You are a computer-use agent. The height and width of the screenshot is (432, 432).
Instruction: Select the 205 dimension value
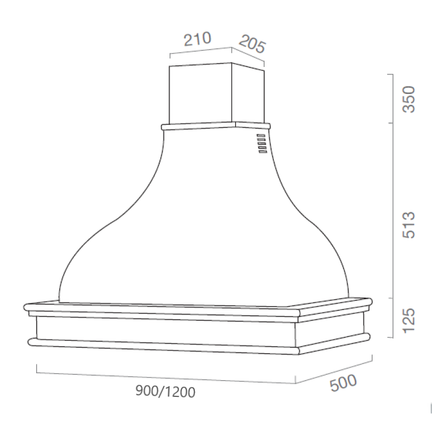[252, 44]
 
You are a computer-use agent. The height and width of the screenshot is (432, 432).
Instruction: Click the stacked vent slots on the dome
[261, 144]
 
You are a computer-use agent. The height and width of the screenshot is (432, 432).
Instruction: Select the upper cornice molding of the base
[162, 310]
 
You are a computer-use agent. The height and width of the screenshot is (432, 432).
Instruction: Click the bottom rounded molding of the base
[162, 345]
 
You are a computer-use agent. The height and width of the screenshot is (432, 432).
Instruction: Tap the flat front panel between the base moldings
[162, 328]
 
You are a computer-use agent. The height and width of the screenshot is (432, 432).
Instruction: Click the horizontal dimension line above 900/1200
[162, 376]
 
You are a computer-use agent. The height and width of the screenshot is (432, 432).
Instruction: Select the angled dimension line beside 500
[335, 370]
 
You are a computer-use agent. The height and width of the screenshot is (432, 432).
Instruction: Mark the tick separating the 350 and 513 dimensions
[390, 123]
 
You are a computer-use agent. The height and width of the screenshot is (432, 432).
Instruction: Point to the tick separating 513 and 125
[390, 298]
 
